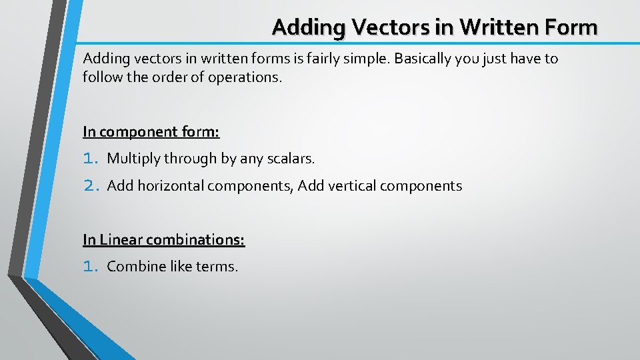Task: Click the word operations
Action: click(245, 77)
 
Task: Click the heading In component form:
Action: click(151, 132)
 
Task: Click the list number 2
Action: click(91, 185)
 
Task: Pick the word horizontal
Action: click(171, 185)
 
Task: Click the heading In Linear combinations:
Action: click(164, 239)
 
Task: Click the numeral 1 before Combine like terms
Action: click(89, 267)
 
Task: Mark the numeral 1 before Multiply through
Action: click(89, 159)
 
